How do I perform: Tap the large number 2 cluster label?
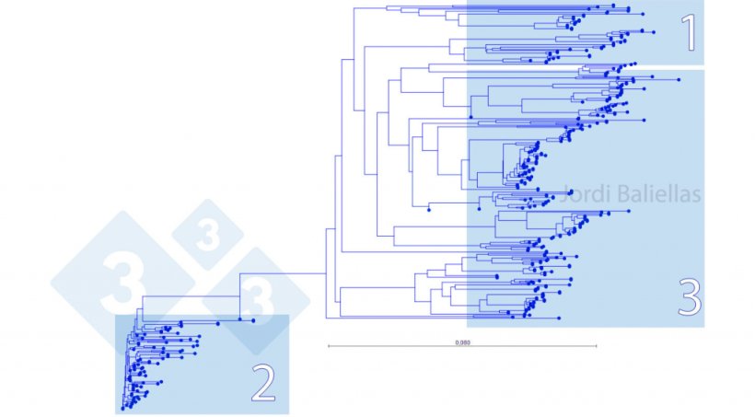coord(263,386)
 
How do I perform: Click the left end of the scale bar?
coord(328,346)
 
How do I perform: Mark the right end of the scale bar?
coord(597,346)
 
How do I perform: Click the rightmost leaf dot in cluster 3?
coord(679,80)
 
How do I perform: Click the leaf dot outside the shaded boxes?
coord(429,210)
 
